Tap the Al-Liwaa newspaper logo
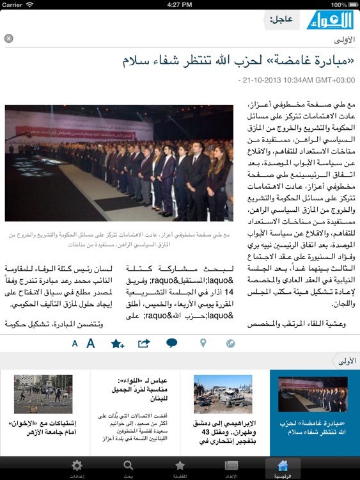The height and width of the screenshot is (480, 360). (328, 20)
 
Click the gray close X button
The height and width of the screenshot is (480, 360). (8, 38)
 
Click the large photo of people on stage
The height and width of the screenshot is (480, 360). (119, 163)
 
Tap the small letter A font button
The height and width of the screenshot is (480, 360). (75, 344)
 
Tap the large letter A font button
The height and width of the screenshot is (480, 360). (91, 343)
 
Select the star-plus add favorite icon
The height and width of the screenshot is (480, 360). (117, 344)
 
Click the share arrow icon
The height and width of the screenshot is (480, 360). (144, 343)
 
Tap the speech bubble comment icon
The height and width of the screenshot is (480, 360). (171, 343)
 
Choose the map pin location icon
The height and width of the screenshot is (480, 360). (203, 343)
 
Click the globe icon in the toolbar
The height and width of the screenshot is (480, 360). (231, 344)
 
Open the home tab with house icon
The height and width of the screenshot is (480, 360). (282, 468)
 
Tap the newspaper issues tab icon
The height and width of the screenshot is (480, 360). (231, 468)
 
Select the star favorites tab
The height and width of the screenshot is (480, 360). (180, 468)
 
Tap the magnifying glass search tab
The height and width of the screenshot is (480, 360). (129, 468)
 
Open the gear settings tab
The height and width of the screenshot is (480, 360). (77, 468)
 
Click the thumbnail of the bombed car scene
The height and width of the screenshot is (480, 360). (214, 394)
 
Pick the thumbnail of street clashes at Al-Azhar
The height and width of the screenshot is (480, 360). (43, 394)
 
